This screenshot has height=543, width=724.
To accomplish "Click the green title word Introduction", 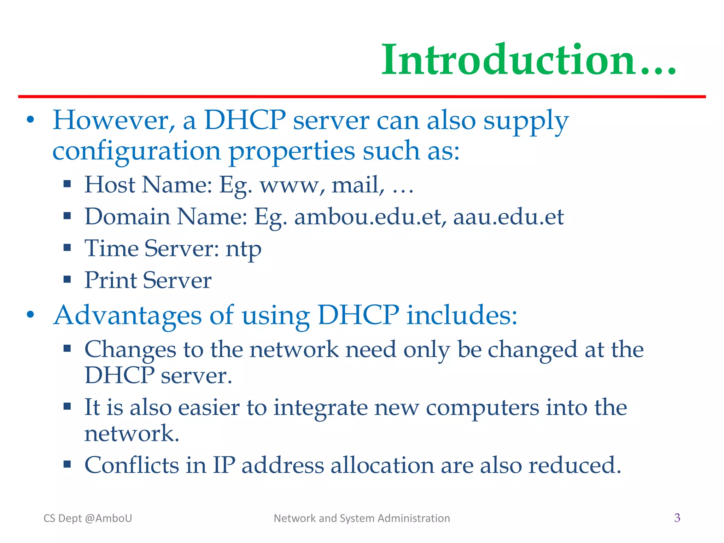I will pyautogui.click(x=529, y=60).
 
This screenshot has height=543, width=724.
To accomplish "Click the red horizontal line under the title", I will pyautogui.click(x=362, y=97).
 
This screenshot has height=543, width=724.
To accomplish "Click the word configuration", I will pyautogui.click(x=136, y=151).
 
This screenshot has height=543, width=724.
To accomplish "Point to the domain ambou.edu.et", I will pyautogui.click(x=368, y=217).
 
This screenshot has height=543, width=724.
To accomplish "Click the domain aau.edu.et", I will pyautogui.click(x=508, y=217).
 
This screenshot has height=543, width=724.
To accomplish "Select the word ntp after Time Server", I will pyautogui.click(x=244, y=249).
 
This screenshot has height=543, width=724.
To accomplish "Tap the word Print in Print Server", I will pyautogui.click(x=110, y=280).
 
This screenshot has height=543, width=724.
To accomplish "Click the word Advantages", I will pyautogui.click(x=128, y=315).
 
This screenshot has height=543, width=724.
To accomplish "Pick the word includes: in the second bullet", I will pyautogui.click(x=462, y=315).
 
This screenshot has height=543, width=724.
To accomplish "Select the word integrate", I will pyautogui.click(x=321, y=408).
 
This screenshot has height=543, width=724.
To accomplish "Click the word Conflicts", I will pyautogui.click(x=132, y=465).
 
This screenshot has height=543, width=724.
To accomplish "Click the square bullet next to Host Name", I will pyautogui.click(x=67, y=184).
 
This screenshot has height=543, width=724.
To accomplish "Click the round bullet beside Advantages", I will pyautogui.click(x=31, y=314).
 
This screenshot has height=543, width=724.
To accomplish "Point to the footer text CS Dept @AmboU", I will pyautogui.click(x=88, y=518).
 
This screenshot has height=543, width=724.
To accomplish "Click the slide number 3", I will pyautogui.click(x=677, y=518).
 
